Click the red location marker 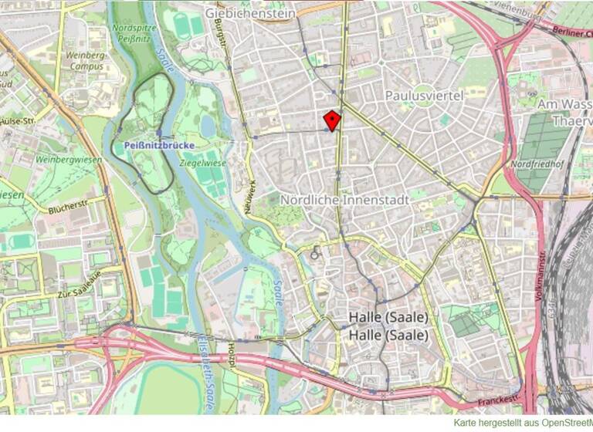[x=331, y=120]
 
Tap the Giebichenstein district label [x=250, y=12]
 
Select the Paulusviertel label [x=423, y=96]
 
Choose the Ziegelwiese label [x=203, y=164]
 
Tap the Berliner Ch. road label [x=572, y=31]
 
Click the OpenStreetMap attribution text [x=523, y=423]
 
